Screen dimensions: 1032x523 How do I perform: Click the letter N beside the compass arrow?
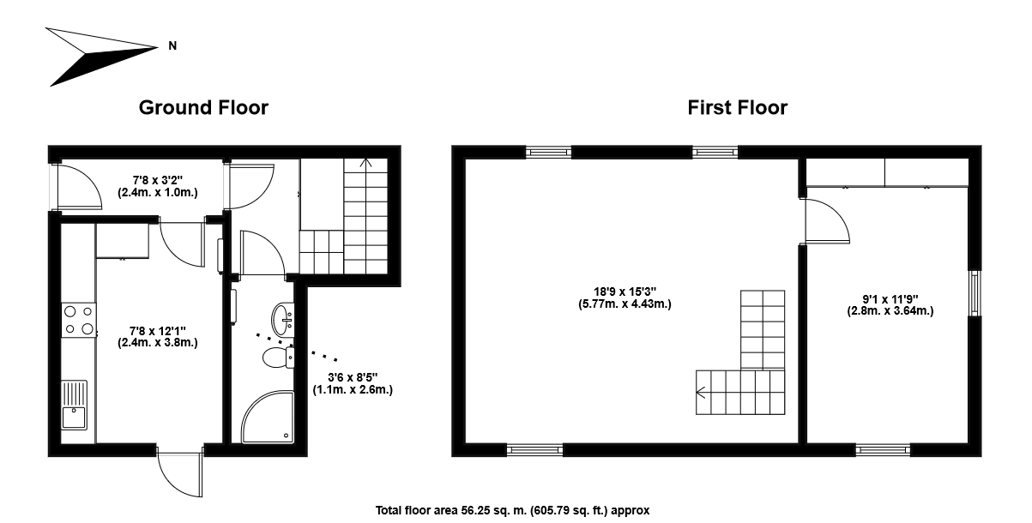pyautogui.click(x=172, y=45)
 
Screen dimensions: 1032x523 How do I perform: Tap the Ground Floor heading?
pyautogui.click(x=203, y=108)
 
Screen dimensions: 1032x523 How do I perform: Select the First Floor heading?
pyautogui.click(x=737, y=108)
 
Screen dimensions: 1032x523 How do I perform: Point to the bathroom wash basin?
pyautogui.click(x=282, y=319)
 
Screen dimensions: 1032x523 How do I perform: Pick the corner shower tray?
pyautogui.click(x=268, y=417)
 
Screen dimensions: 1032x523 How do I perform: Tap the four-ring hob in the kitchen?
pyautogui.click(x=79, y=320)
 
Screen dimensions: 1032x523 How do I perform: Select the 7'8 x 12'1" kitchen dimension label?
pyautogui.click(x=158, y=337)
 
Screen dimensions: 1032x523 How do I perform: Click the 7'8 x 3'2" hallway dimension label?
pyautogui.click(x=158, y=186)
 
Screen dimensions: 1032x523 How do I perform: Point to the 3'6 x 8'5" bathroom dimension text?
pyautogui.click(x=353, y=383)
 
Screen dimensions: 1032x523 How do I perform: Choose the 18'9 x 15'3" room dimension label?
pyautogui.click(x=625, y=298)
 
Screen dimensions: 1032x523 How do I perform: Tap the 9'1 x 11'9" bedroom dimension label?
pyautogui.click(x=890, y=304)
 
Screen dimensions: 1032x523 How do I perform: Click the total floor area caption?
pyautogui.click(x=512, y=510)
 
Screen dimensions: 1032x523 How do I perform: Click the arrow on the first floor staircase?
pyautogui.click(x=701, y=393)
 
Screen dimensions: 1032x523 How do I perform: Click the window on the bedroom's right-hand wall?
pyautogui.click(x=975, y=293)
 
